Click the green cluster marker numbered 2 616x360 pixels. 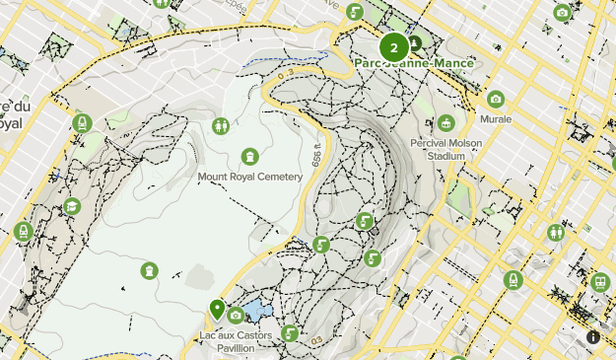tap(393, 46)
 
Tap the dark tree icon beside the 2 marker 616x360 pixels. tap(415, 42)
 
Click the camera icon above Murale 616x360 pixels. tap(495, 99)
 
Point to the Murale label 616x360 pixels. tap(495, 118)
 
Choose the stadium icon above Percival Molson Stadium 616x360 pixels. tap(446, 123)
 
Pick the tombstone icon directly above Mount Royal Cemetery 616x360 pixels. tap(250, 156)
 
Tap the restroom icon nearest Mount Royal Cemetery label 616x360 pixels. tap(221, 125)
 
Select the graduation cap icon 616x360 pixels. tap(72, 206)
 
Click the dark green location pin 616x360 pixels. tap(217, 310)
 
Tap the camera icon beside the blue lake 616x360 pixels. tap(236, 316)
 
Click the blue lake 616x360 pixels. tap(257, 312)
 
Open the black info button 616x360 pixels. tap(592, 336)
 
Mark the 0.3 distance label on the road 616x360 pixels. tap(286, 74)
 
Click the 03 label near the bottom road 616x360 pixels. tap(315, 341)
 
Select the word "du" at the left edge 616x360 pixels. tap(12, 107)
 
